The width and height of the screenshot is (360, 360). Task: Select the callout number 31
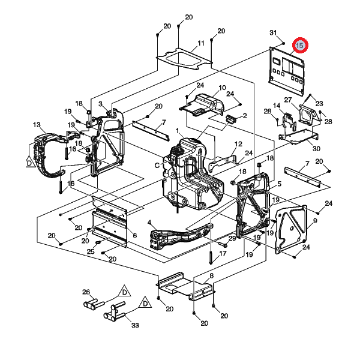click(273, 32)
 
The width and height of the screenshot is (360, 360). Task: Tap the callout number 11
click(201, 43)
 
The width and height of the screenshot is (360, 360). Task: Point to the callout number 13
click(37, 125)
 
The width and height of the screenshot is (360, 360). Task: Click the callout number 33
click(135, 325)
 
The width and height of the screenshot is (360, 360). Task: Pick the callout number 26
click(86, 292)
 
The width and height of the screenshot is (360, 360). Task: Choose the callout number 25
click(91, 251)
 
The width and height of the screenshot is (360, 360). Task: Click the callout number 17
click(223, 253)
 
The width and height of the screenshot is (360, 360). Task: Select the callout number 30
click(316, 149)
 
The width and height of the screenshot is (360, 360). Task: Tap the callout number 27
click(287, 100)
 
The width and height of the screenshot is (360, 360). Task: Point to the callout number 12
click(238, 144)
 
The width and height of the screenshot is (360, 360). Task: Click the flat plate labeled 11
click(183, 58)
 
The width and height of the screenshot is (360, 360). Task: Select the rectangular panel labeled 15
click(287, 70)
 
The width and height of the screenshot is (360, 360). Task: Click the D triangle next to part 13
click(28, 161)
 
